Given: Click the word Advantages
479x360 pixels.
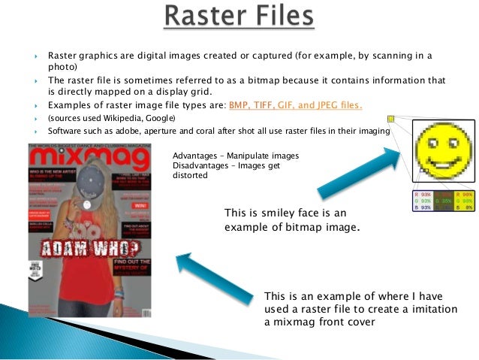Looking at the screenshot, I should pos(195,156).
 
